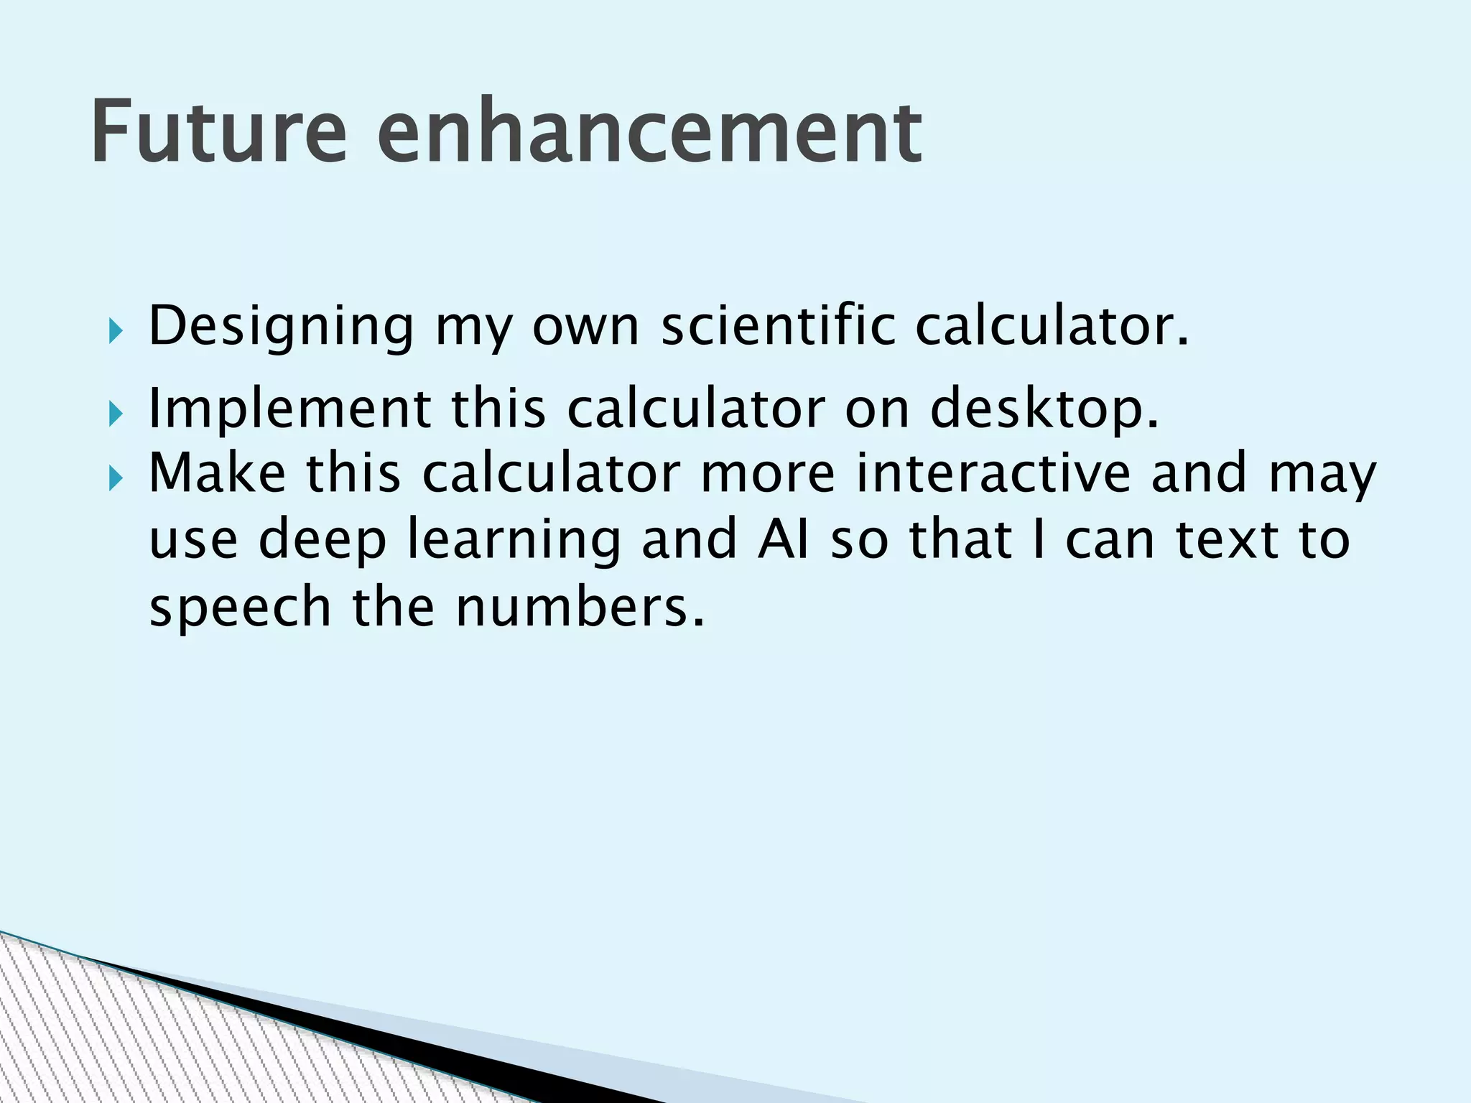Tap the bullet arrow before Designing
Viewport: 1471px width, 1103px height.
116,332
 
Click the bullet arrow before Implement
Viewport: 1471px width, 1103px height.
116,414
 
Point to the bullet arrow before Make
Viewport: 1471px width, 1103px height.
116,478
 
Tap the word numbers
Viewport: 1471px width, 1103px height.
579,607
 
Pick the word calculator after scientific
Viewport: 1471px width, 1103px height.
1052,326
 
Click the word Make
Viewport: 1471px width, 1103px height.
217,473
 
